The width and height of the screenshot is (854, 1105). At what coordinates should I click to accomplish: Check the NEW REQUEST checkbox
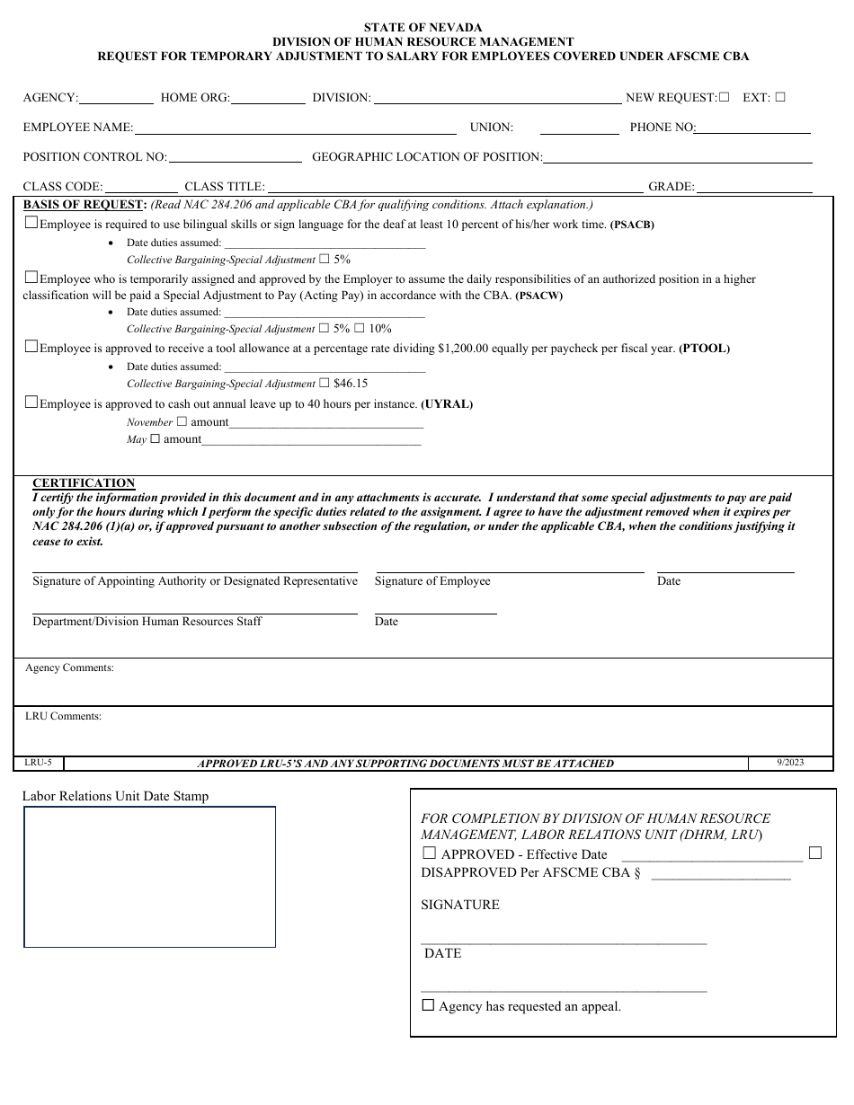tap(724, 97)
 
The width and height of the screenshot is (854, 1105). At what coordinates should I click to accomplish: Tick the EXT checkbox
tap(779, 97)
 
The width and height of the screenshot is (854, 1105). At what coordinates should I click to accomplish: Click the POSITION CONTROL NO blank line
tap(235, 161)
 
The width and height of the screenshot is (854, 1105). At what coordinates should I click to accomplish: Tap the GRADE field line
tap(754, 191)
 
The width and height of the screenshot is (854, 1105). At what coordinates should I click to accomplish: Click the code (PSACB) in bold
tap(632, 225)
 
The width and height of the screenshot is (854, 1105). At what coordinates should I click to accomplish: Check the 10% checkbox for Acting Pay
tap(359, 328)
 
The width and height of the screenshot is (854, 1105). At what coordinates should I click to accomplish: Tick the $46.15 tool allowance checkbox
tap(325, 383)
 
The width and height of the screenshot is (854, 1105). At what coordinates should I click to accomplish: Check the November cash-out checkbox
tap(182, 421)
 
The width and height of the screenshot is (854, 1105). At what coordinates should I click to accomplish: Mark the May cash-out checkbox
tap(155, 438)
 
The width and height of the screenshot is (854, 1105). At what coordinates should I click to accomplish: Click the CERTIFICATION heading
tap(84, 482)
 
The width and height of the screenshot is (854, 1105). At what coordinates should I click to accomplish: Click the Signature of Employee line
tap(509, 571)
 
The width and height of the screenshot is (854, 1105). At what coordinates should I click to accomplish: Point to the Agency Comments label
tap(69, 667)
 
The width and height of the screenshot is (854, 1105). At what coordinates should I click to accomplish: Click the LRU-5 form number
tap(39, 763)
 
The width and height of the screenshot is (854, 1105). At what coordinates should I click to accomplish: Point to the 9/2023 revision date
tap(790, 762)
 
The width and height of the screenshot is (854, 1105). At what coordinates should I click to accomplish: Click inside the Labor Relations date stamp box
tap(149, 877)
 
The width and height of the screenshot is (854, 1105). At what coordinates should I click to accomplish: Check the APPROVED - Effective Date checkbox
tap(429, 853)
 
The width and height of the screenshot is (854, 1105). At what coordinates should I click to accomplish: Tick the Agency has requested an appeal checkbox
tap(428, 1005)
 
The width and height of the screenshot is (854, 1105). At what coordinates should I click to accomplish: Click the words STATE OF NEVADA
tap(423, 28)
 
